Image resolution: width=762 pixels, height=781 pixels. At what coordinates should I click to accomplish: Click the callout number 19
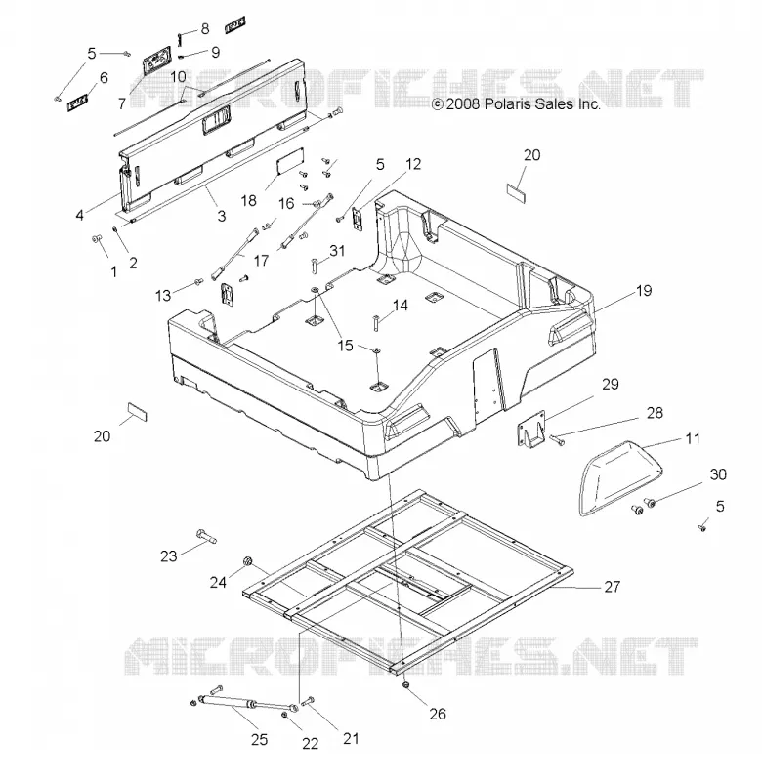tap(644, 290)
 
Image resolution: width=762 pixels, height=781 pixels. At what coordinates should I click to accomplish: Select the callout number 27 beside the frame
tap(612, 587)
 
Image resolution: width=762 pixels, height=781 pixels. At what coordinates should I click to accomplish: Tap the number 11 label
tap(693, 438)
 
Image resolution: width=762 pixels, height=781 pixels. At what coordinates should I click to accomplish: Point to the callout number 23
tap(168, 555)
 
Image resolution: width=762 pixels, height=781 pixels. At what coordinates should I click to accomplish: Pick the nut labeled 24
tap(247, 562)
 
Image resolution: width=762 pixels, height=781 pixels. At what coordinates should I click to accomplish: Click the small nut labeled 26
tap(406, 686)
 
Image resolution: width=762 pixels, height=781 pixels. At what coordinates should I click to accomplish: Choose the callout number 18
tap(248, 200)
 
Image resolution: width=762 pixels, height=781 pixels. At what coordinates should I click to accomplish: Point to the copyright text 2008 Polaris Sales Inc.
tap(516, 103)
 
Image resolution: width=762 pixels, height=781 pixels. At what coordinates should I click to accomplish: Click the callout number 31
tap(337, 251)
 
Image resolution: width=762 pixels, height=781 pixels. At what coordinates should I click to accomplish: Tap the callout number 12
tap(413, 164)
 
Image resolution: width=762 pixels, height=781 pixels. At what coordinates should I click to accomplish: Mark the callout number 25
tap(259, 740)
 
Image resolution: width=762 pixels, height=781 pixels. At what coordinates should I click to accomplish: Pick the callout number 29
tap(610, 384)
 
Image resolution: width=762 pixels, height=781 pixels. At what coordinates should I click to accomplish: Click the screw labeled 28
tap(557, 439)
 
